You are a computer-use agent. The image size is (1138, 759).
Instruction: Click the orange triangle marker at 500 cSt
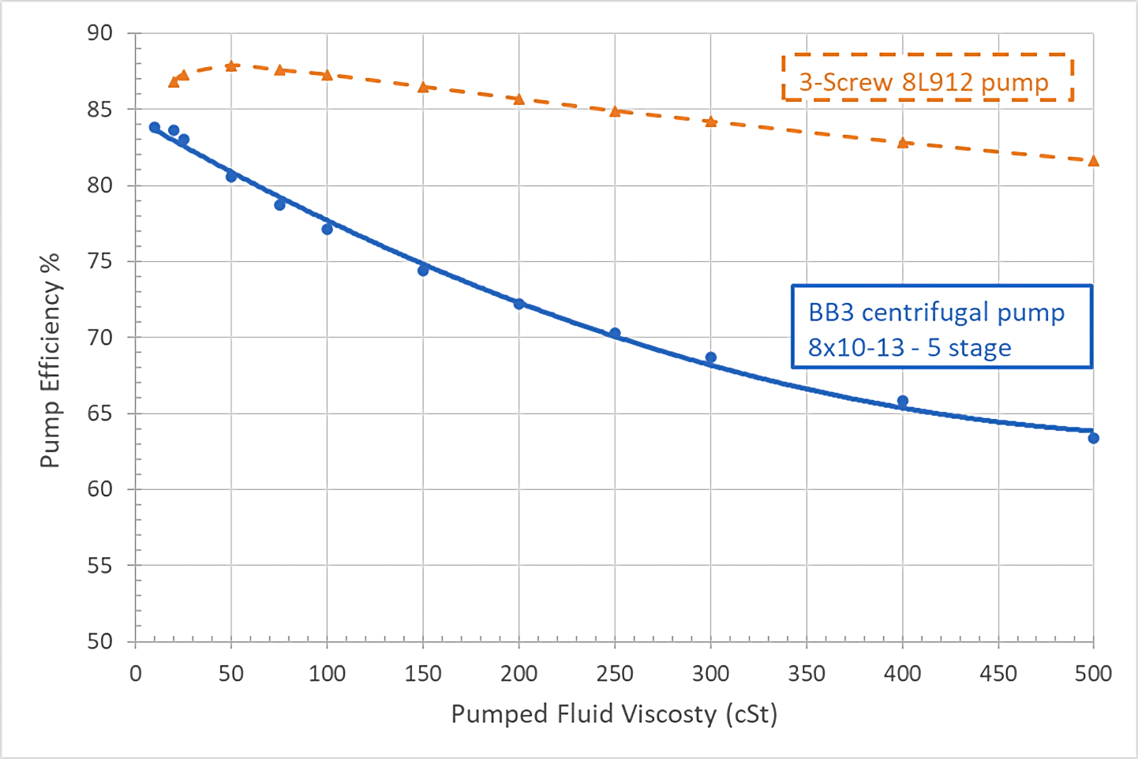pos(1093,161)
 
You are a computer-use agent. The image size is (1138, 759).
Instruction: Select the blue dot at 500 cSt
pos(1093,438)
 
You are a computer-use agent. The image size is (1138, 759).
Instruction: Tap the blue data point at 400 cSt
pos(902,402)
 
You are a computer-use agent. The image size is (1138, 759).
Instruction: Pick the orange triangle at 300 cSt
pos(710,122)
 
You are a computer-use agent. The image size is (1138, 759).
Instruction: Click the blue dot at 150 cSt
pos(423,271)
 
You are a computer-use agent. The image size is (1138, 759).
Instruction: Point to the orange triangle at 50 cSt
pos(231,66)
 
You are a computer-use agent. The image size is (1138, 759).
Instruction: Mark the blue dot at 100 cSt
pos(327,229)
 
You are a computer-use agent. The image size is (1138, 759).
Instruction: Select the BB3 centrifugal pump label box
pos(941,327)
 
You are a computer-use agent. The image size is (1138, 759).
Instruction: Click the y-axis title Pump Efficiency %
pos(50,360)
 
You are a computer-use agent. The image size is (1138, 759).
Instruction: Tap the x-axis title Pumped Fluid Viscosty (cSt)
pos(614,713)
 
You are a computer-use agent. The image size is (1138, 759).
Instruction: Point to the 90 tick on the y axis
pos(100,33)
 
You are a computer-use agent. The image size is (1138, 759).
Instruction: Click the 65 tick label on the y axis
pos(100,413)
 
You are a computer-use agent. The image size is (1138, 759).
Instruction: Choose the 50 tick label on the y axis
pos(100,641)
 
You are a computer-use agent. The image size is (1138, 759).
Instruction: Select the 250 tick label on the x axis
pos(614,673)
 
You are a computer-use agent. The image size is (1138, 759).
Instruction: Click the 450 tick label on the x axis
pos(998,673)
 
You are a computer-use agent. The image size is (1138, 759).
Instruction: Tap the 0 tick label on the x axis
pos(136,673)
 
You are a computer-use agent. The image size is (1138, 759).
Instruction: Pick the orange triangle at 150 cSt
pos(423,87)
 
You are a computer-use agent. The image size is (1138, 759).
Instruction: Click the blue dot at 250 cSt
pos(615,334)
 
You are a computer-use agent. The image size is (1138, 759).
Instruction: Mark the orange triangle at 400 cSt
pos(902,143)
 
